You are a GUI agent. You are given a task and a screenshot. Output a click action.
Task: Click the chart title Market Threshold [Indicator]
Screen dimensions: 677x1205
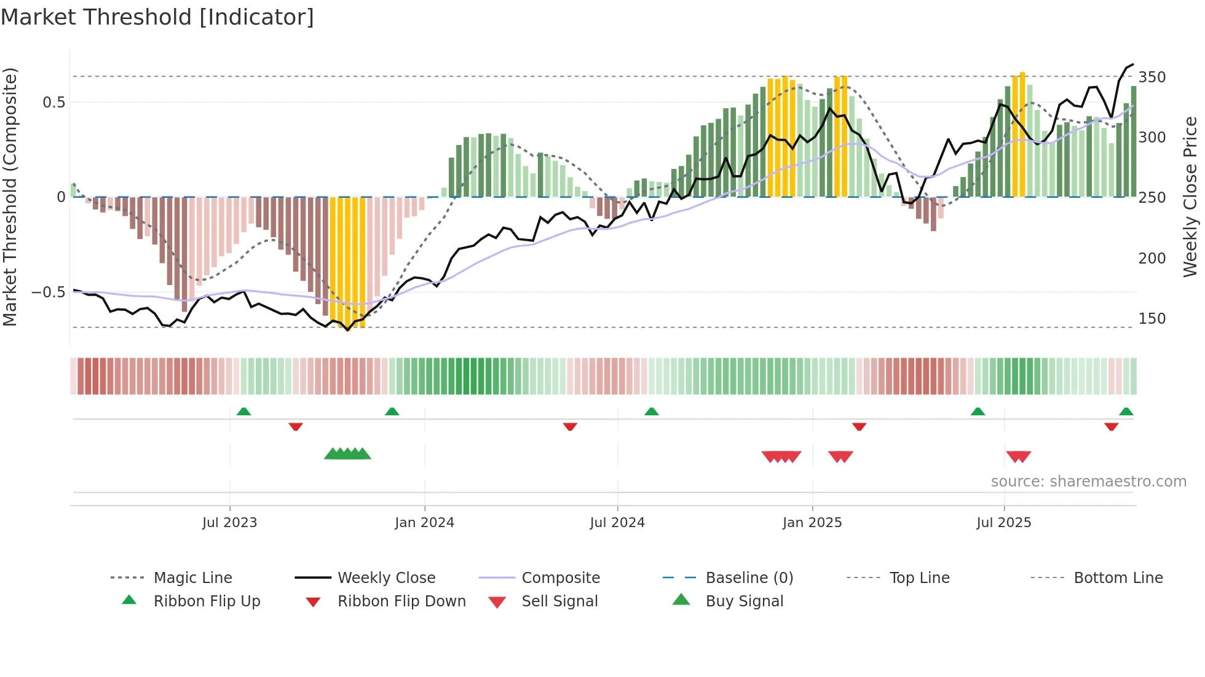click(x=157, y=17)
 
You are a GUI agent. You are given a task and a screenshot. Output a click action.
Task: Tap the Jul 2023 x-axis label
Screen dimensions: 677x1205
click(x=229, y=523)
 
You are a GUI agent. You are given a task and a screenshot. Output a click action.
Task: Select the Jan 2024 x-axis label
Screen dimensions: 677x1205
click(x=424, y=523)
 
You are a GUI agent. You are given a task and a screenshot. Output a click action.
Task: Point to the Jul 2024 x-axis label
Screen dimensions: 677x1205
click(x=617, y=523)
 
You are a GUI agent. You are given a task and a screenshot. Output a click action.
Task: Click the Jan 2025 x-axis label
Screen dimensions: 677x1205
click(x=812, y=523)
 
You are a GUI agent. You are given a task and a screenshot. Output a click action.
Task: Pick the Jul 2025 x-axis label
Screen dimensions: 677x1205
click(x=1004, y=523)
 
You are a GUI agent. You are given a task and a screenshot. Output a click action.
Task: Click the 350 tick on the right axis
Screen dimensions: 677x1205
click(x=1152, y=77)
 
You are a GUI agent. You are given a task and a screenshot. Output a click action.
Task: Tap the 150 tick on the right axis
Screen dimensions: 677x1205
click(x=1152, y=319)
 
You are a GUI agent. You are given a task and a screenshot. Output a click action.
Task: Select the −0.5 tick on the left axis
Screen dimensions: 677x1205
click(x=49, y=292)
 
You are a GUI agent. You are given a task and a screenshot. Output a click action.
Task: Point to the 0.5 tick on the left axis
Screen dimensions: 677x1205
click(x=53, y=103)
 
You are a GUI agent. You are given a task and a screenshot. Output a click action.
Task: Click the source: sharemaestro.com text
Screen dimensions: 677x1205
click(x=1088, y=482)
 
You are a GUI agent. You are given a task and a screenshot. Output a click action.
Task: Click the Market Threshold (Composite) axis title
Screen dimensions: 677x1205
click(x=10, y=197)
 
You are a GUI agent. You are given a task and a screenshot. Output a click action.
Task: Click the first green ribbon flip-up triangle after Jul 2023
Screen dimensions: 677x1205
click(x=243, y=411)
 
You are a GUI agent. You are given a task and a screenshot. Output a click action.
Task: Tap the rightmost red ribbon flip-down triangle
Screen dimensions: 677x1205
click(x=1111, y=426)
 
